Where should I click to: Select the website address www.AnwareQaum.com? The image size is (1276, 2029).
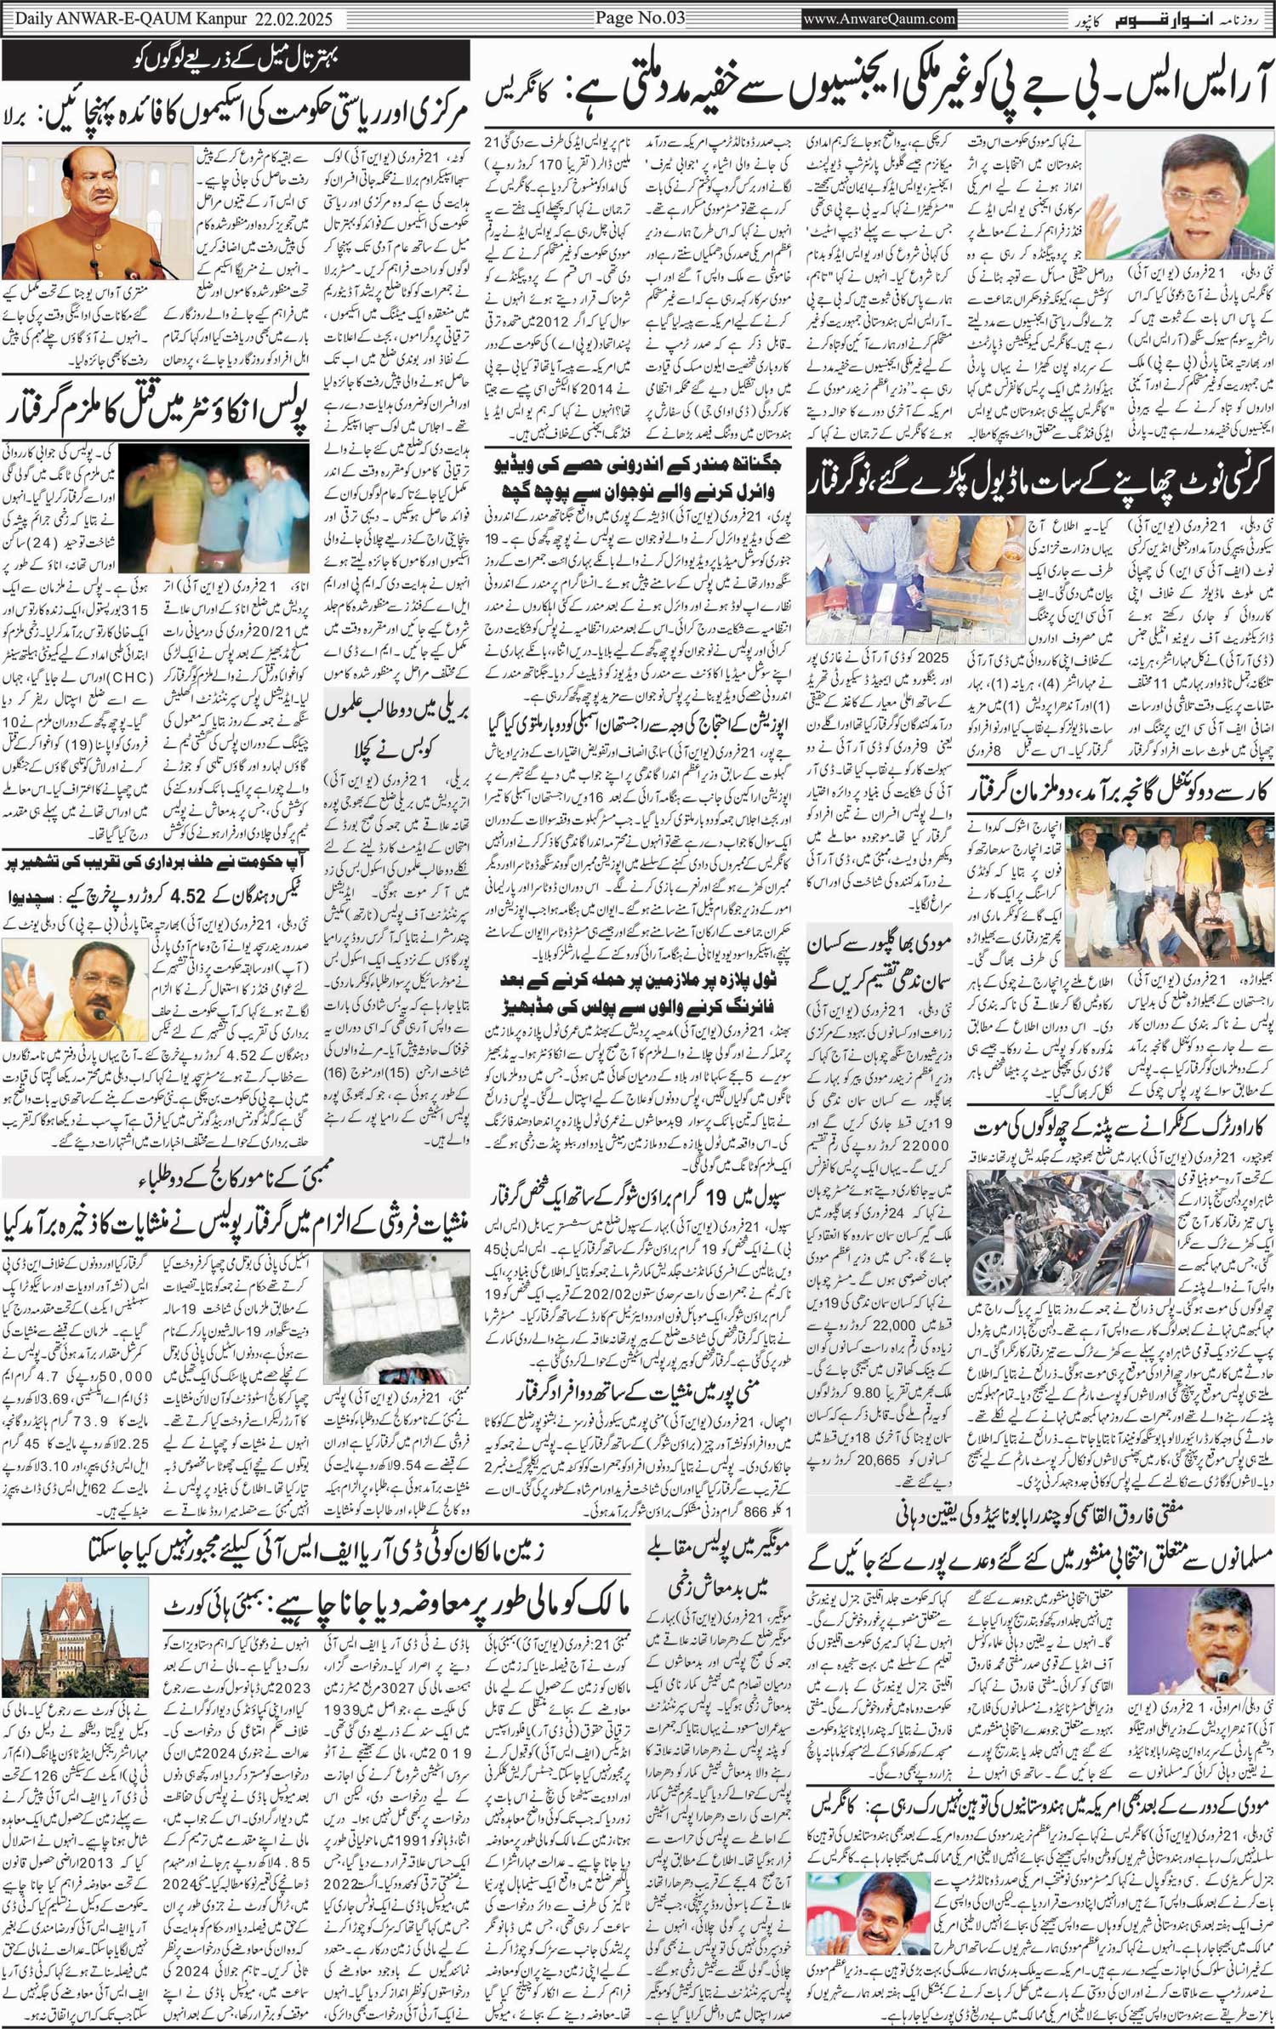879,18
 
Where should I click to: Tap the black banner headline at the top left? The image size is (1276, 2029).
236,60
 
